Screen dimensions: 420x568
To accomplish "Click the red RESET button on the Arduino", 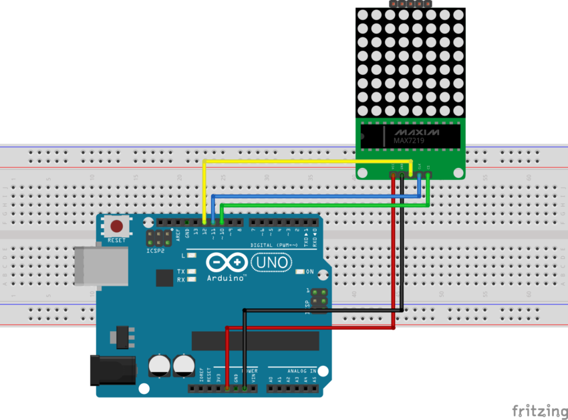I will pyautogui.click(x=117, y=227).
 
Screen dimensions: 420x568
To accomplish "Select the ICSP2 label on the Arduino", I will pyautogui.click(x=155, y=251).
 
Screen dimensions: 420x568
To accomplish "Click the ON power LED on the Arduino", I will pyautogui.click(x=299, y=272).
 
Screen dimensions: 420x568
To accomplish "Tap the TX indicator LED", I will pyautogui.click(x=192, y=272).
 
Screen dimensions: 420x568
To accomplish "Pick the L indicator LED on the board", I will pyautogui.click(x=192, y=255).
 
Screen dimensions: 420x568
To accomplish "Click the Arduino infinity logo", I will pyautogui.click(x=226, y=262).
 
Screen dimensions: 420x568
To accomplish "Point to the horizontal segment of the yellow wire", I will pyautogui.click(x=301, y=161).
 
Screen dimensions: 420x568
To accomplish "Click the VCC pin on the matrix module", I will pyautogui.click(x=394, y=175).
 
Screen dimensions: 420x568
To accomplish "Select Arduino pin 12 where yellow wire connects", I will pyautogui.click(x=203, y=221).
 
